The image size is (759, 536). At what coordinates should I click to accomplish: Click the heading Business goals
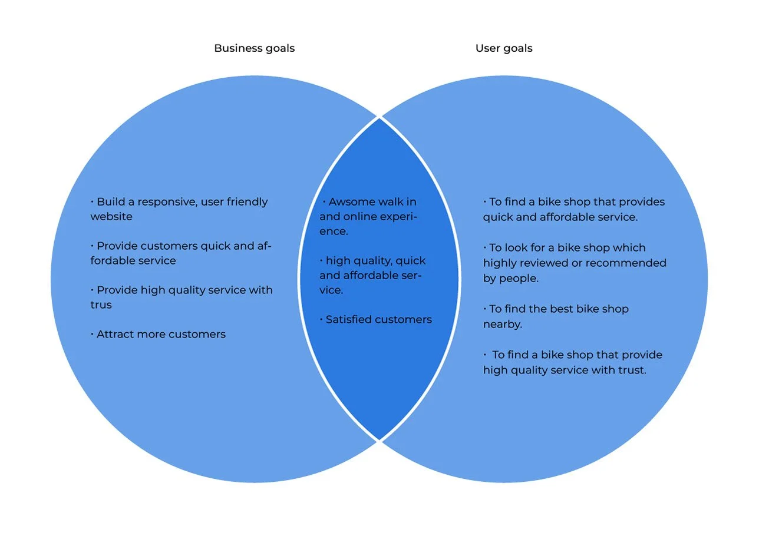pos(254,48)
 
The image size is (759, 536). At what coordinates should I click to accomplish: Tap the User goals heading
pos(504,48)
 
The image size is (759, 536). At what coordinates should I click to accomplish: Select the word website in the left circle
pos(111,217)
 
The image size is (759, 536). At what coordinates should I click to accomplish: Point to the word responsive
pos(164,202)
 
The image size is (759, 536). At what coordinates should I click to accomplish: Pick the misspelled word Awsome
pos(351,202)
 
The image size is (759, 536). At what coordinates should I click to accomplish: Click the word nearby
pos(502,325)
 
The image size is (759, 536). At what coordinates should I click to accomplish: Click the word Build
pos(110,202)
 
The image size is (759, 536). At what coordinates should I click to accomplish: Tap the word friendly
pos(244,202)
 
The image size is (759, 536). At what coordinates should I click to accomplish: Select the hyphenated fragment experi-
pos(399,217)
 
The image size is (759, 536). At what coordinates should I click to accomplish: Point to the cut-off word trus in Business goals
pos(101,305)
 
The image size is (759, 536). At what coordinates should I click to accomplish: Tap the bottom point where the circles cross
pos(379,440)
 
